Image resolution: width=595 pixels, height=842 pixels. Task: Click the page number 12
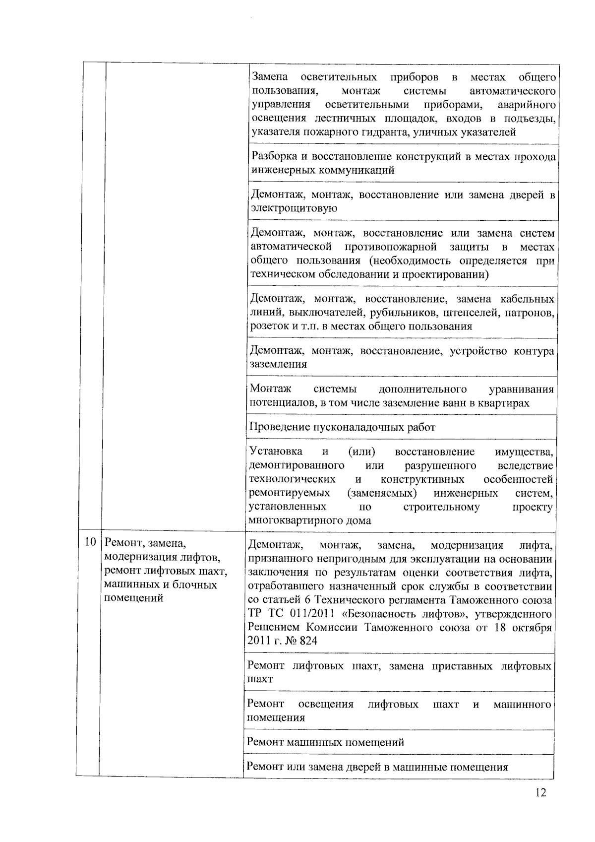(x=540, y=806)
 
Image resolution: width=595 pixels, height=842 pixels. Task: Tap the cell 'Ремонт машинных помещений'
(x=325, y=742)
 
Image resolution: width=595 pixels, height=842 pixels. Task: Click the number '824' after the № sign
(x=308, y=641)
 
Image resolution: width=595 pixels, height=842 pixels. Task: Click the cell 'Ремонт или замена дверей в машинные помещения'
(x=377, y=767)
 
